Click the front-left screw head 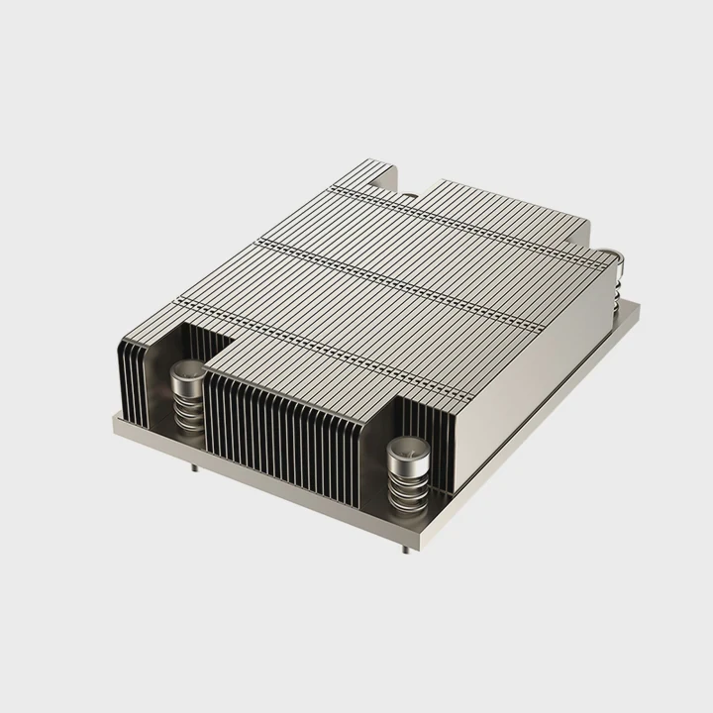185,373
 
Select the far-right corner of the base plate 638,308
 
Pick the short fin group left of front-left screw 133,371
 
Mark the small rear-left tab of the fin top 371,168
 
